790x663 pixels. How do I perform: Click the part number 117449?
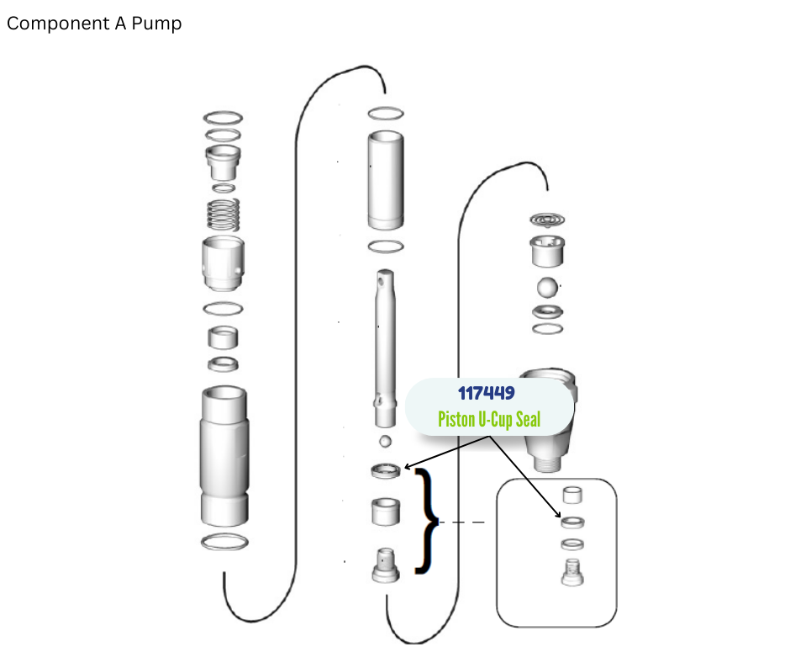[x=487, y=393]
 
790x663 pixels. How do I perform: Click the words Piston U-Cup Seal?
[x=489, y=419]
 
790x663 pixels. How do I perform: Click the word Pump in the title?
[x=156, y=24]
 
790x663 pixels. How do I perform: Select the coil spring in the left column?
[x=224, y=215]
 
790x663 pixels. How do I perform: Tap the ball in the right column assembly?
[x=547, y=288]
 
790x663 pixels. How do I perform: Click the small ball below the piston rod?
[x=386, y=441]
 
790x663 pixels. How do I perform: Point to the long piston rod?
[x=385, y=348]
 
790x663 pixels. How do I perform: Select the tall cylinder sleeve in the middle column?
[x=386, y=180]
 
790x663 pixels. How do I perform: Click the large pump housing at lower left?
[x=224, y=456]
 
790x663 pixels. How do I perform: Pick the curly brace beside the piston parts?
[x=427, y=521]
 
